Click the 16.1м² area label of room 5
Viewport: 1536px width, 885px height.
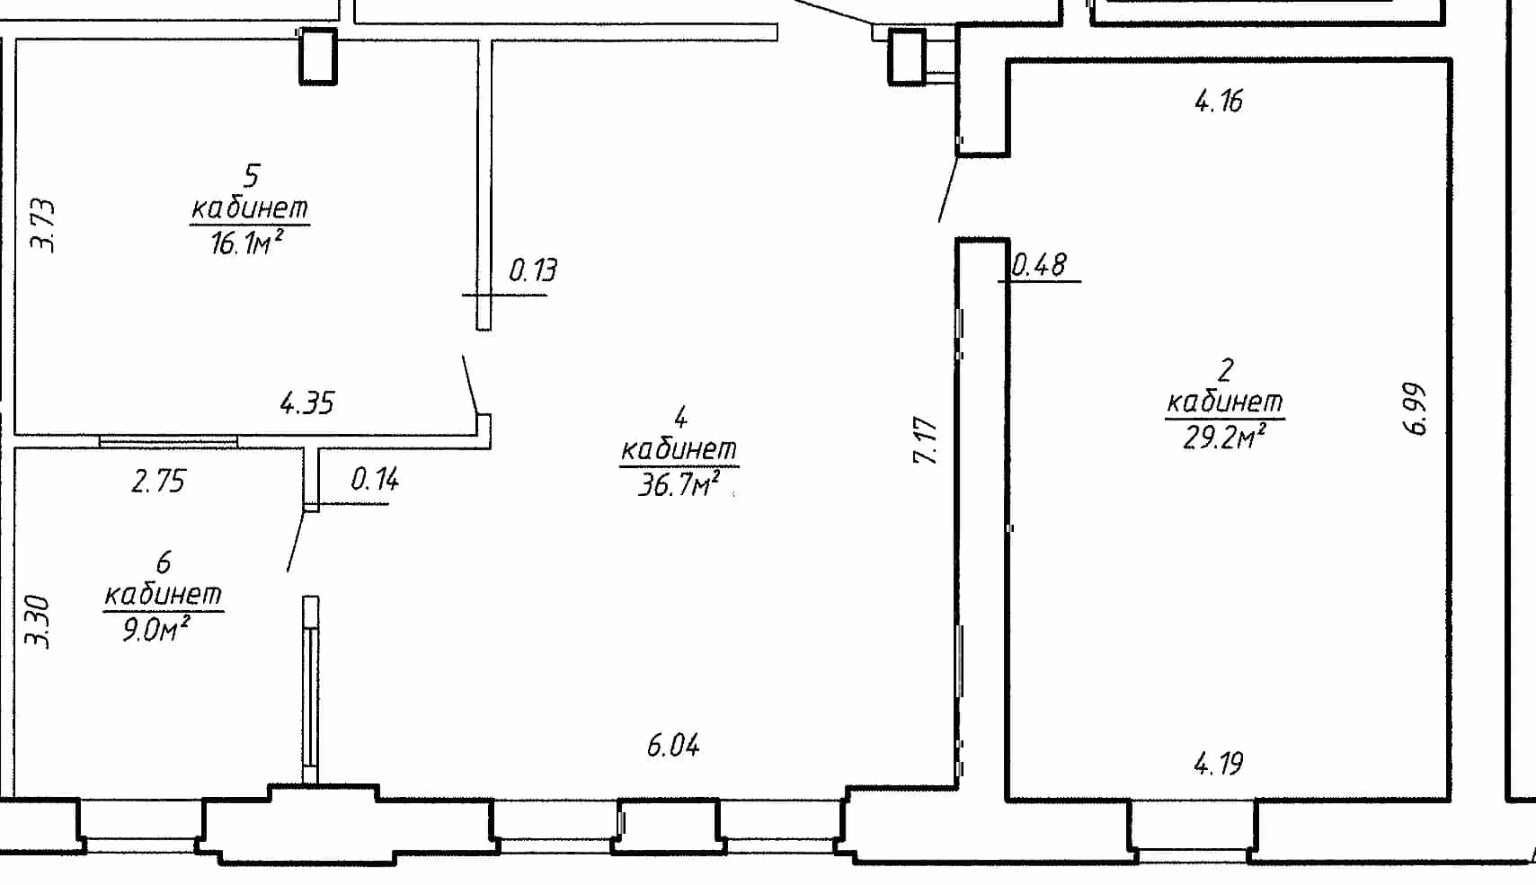pos(246,243)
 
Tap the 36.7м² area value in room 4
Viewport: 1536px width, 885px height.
pos(679,484)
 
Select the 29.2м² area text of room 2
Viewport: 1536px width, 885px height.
pos(1224,437)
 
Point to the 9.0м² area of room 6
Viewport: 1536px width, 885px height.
pos(155,629)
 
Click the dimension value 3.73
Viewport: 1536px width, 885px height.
pos(43,226)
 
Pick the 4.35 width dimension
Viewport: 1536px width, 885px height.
pos(307,403)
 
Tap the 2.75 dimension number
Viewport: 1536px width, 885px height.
pos(158,482)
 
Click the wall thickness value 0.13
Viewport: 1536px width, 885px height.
pos(533,270)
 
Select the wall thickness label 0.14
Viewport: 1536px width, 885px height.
pos(375,479)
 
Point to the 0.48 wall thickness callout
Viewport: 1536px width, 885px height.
pos(1040,265)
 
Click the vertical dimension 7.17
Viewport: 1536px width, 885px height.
pos(926,439)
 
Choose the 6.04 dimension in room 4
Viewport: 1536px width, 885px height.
pos(673,745)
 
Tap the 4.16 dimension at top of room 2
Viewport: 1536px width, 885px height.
pos(1219,102)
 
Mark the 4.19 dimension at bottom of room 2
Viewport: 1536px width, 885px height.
pos(1219,764)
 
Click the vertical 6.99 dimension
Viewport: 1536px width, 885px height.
pos(1416,409)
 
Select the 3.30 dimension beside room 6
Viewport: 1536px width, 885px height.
pos(38,621)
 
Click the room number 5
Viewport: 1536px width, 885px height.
pos(252,176)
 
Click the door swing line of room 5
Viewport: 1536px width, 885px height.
pos(470,384)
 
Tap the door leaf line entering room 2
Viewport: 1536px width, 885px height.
pos(948,190)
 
